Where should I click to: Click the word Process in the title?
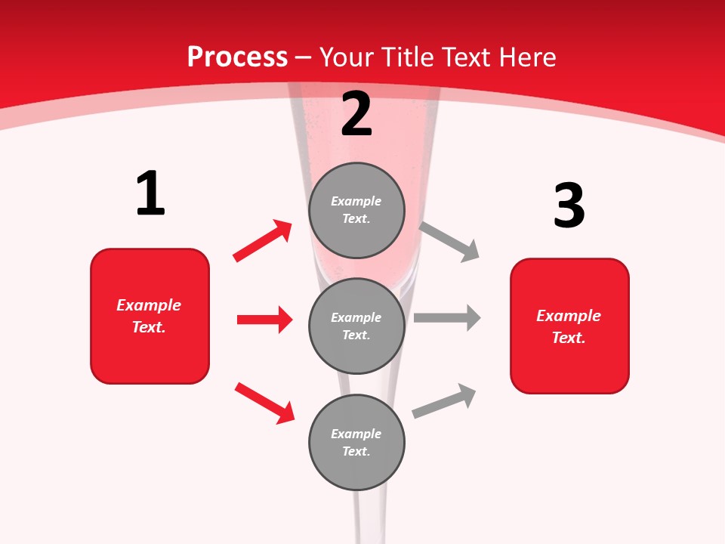237,57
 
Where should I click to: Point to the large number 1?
150,194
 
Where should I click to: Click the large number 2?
356,114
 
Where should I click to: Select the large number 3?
569,206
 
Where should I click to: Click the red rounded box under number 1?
150,316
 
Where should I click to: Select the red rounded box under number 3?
569,326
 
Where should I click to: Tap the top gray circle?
356,210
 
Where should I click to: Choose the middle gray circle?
356,326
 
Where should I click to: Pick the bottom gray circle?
356,442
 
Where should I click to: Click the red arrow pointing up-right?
263,240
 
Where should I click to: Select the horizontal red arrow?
264,320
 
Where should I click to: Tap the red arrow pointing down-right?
265,403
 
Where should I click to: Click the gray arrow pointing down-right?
449,241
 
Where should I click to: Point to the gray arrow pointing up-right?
444,400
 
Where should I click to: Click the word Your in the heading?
347,57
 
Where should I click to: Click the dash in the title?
304,57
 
